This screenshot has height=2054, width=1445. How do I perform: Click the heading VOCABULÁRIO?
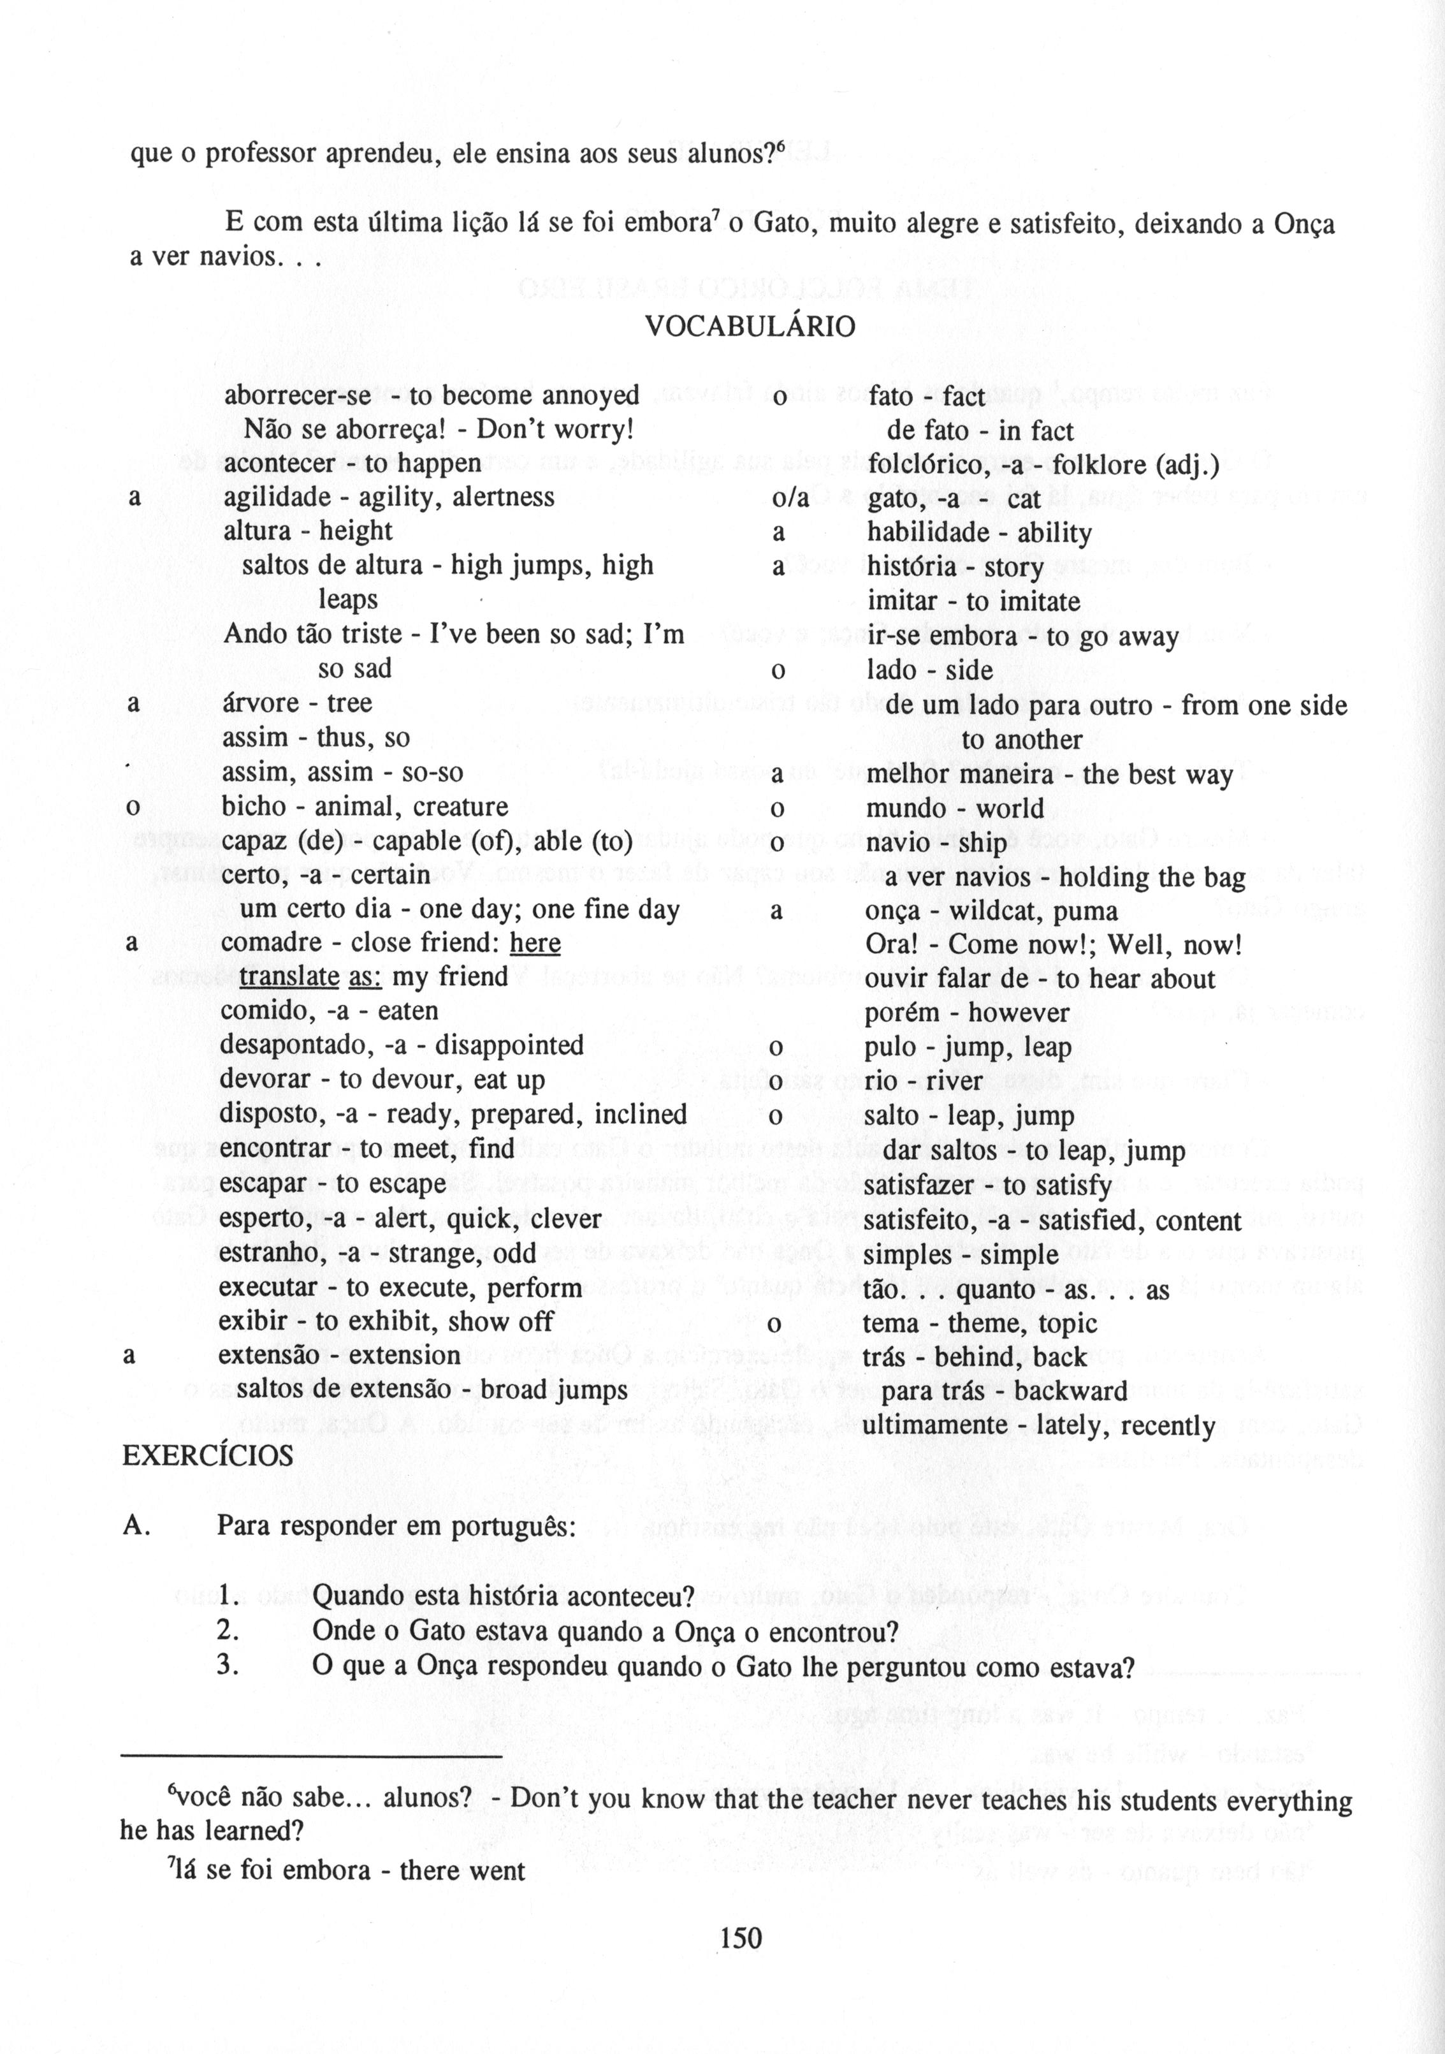750,326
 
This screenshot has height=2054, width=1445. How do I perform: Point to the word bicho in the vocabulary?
253,806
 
